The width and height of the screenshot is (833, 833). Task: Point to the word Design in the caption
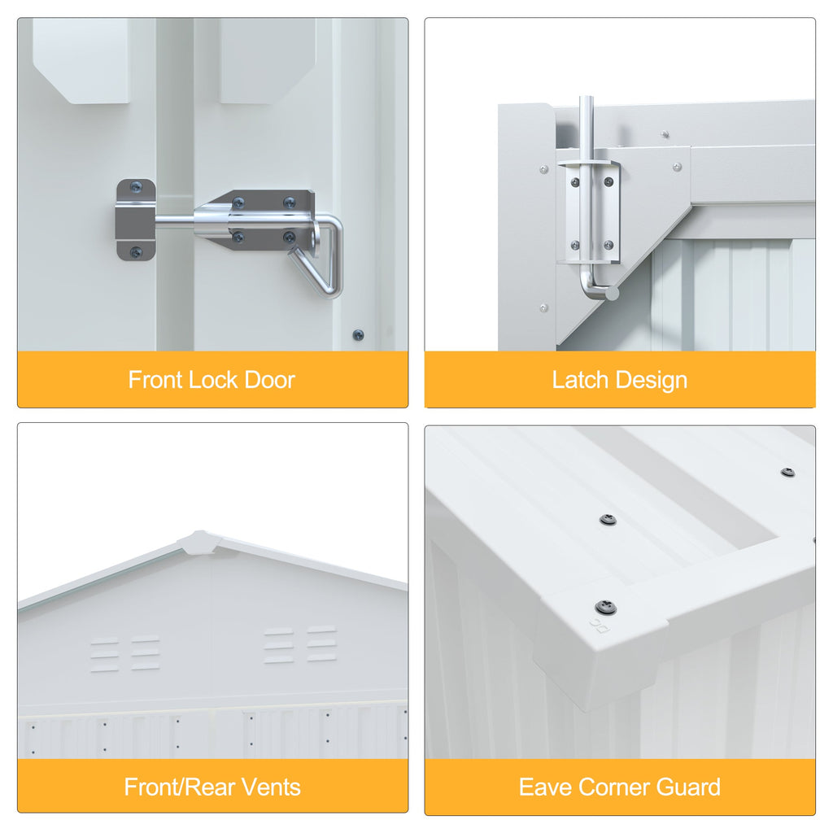click(x=652, y=381)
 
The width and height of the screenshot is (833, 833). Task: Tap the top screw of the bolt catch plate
click(x=136, y=186)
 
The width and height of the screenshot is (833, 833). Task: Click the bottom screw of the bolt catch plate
click(x=136, y=252)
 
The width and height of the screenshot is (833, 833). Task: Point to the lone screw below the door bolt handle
click(x=359, y=335)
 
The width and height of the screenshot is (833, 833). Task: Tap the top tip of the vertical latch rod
click(x=586, y=98)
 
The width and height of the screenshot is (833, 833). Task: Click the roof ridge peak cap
click(x=199, y=543)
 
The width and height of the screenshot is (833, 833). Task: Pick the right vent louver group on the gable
click(x=300, y=644)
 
